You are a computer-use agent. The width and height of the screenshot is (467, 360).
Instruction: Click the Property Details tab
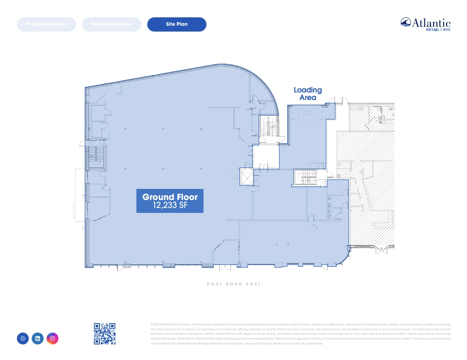[x=46, y=24]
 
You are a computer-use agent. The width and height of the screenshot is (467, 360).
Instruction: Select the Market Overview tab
[x=112, y=24]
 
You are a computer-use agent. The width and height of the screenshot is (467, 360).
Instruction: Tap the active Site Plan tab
[x=177, y=24]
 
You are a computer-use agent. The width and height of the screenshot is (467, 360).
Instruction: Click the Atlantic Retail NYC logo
[x=425, y=24]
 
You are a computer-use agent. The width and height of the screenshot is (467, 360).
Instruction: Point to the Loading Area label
[x=307, y=94]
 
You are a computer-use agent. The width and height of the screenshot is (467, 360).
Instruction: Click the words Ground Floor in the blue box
[x=170, y=197]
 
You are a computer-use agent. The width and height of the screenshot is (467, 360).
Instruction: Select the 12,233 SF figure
[x=170, y=206]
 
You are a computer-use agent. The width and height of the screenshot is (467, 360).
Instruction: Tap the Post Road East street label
[x=234, y=284]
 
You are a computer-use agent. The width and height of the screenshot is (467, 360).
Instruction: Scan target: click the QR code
[x=104, y=333]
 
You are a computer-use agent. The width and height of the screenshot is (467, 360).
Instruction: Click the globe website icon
[x=23, y=339]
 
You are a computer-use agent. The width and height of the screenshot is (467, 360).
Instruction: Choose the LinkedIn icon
[x=38, y=339]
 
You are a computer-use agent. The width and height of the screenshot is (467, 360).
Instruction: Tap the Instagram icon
[x=52, y=339]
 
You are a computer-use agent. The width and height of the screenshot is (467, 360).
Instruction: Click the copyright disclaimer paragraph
[x=300, y=334]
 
